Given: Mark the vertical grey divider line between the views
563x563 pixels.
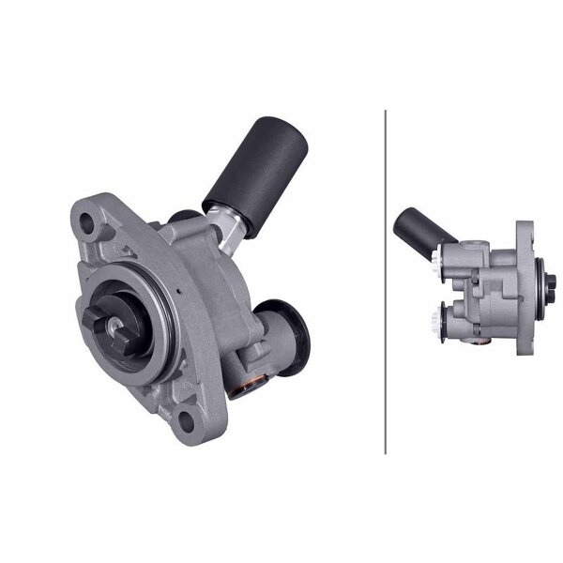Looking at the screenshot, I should [x=386, y=281].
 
